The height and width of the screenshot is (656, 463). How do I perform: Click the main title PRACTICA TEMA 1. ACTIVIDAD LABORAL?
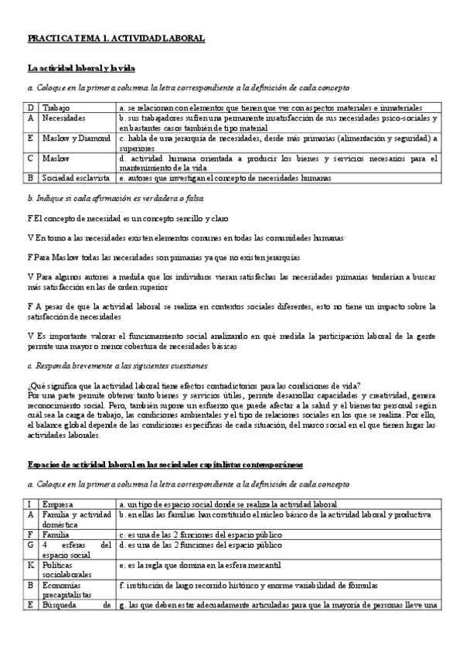(x=116, y=37)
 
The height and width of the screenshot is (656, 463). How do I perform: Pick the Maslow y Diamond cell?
(x=75, y=138)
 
